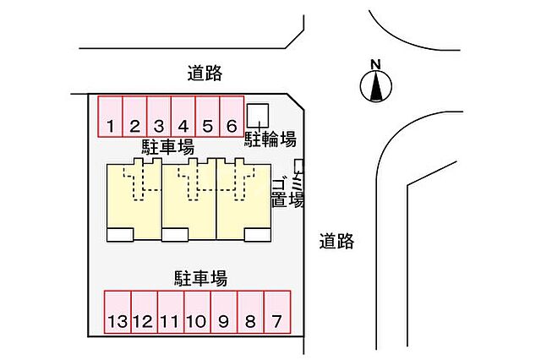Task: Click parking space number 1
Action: [111, 117]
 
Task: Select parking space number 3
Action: [159, 117]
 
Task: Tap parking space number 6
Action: [232, 117]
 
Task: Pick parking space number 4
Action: [183, 117]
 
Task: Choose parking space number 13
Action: [117, 312]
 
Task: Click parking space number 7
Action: [276, 312]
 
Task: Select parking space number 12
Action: [144, 312]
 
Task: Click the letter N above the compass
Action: [377, 63]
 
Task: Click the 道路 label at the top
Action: [205, 74]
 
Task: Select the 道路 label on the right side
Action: [336, 241]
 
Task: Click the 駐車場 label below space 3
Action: [167, 147]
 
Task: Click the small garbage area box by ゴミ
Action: [298, 164]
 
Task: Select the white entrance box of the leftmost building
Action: [120, 234]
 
